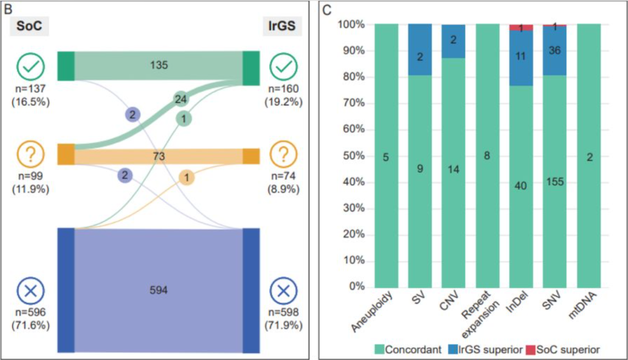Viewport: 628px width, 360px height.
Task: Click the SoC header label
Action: [x=30, y=27]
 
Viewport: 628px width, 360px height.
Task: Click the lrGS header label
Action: [x=283, y=27]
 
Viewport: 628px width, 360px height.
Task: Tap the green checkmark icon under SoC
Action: [x=30, y=67]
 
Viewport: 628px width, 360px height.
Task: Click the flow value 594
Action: [x=158, y=290]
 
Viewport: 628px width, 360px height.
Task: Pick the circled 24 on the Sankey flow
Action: [x=180, y=99]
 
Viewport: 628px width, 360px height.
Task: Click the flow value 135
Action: [x=158, y=65]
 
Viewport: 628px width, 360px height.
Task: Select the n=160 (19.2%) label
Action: [x=283, y=97]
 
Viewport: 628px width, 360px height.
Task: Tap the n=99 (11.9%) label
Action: [x=30, y=183]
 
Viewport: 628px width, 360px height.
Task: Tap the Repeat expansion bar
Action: [x=488, y=155]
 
